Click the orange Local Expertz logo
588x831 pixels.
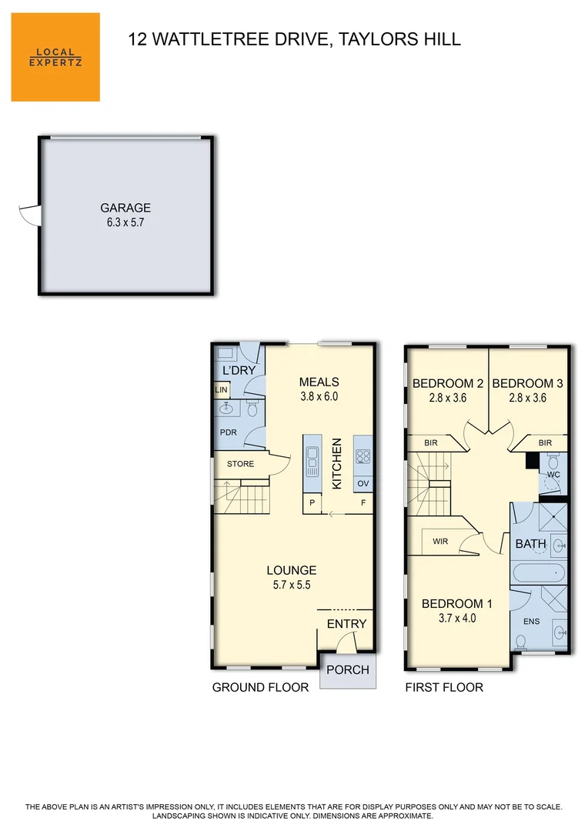coord(55,57)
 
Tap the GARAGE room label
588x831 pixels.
coord(125,208)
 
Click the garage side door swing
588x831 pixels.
coord(30,215)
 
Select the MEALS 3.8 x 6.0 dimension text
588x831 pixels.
coord(319,396)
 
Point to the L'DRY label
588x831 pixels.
coord(239,370)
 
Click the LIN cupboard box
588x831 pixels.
coord(222,390)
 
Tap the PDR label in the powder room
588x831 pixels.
coord(229,432)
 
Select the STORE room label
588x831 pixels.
coord(241,464)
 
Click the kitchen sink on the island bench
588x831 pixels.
coord(312,461)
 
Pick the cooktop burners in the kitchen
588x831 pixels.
coord(363,456)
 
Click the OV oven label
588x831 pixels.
coord(363,483)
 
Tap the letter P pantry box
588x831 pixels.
coord(312,503)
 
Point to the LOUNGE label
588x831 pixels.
coord(292,570)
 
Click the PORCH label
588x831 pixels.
coord(348,670)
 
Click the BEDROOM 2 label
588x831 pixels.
coord(448,383)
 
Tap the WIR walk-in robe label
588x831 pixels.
coord(440,541)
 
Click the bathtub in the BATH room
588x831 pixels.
coord(540,573)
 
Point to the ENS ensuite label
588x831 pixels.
coord(532,621)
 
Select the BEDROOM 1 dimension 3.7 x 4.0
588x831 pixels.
coord(457,618)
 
